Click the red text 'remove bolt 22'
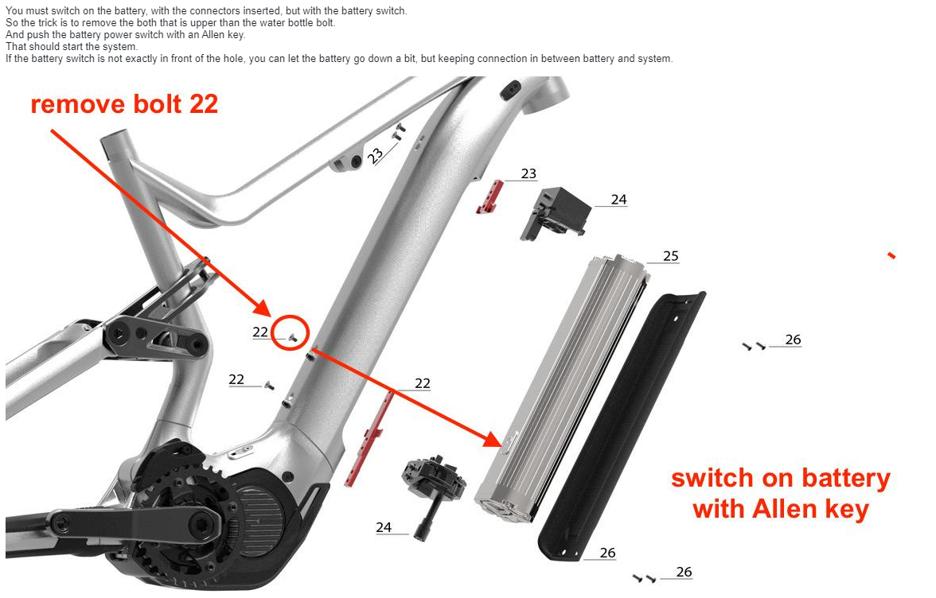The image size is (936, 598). (124, 104)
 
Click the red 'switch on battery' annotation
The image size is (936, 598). (780, 494)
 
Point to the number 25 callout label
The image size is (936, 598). (671, 256)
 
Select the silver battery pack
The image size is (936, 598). (563, 388)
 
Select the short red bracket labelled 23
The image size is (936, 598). (490, 196)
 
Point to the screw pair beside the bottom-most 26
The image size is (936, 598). (644, 578)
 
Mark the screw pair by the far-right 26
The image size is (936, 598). (754, 346)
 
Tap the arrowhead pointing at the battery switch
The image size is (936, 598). (493, 439)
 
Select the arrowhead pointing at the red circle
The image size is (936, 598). (263, 308)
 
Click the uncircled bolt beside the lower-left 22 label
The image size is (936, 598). (269, 386)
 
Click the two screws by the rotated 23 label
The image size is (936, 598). (398, 132)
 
